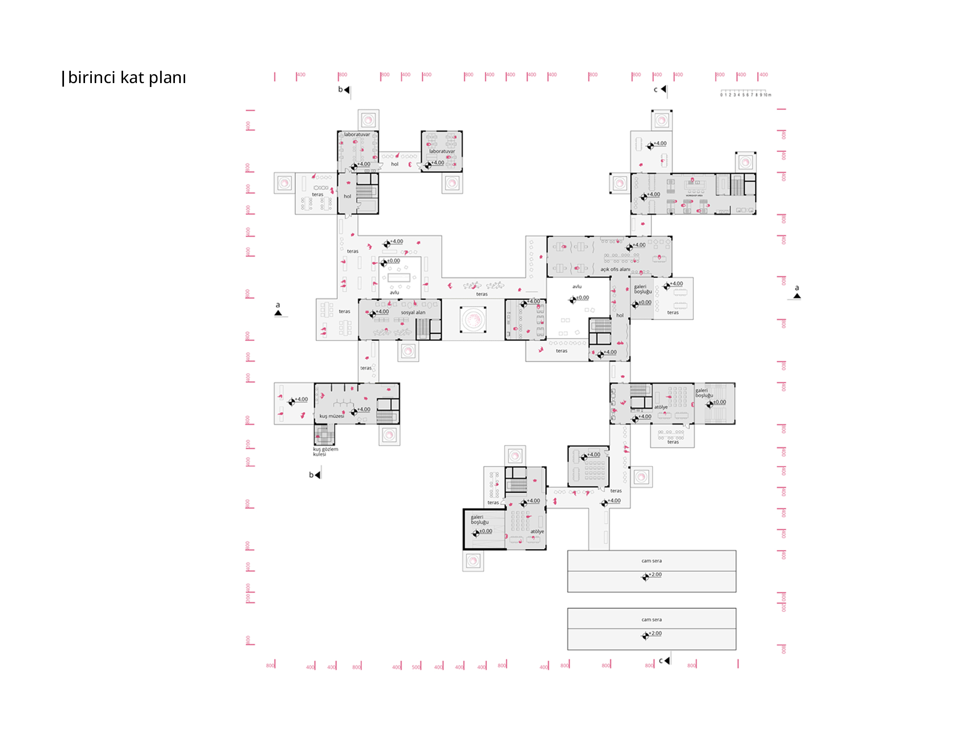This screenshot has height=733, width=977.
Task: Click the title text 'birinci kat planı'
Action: pos(127,78)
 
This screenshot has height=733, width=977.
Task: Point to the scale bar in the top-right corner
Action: pos(745,93)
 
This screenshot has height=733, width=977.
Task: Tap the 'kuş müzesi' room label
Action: pos(332,416)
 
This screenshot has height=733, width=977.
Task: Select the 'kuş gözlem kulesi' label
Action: pos(325,452)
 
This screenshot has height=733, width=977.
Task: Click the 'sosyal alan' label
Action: pos(413,312)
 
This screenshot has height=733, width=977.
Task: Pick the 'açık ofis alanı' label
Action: pos(615,269)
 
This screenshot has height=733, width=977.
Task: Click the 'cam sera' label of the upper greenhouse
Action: pos(651,561)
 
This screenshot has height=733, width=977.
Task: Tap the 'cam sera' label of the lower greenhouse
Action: pos(651,620)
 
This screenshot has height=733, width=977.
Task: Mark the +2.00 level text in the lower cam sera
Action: pos(655,633)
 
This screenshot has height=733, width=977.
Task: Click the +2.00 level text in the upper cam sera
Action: pos(655,575)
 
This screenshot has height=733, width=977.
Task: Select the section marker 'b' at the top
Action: pos(340,89)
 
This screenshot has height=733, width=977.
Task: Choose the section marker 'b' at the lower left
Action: pos(311,474)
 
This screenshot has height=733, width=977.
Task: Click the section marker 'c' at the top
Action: pos(656,89)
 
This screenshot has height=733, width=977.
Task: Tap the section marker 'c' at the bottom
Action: pos(660,661)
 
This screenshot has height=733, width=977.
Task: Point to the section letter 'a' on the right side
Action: pos(797,288)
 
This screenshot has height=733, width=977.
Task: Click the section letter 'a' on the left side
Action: pos(278,305)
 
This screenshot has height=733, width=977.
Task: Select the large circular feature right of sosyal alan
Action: pos(473,320)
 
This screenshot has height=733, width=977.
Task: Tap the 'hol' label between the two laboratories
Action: pos(395,164)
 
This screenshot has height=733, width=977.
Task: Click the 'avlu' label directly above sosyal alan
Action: pos(394,293)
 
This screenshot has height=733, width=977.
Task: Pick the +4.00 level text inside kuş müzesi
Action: pos(364,410)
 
